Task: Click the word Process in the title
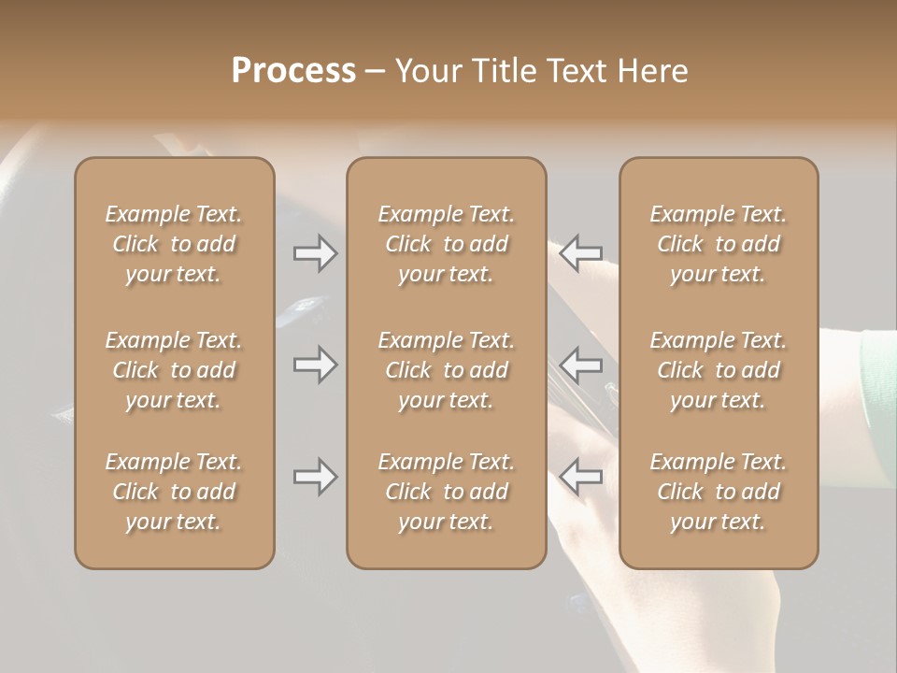[x=293, y=71]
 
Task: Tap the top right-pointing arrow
[x=315, y=253]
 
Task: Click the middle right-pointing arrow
[x=315, y=365]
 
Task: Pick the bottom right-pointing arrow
[x=315, y=477]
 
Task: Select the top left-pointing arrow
[x=581, y=253]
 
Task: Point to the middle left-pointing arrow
[x=581, y=365]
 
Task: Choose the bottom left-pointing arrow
[x=581, y=477]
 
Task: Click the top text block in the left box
[x=174, y=244]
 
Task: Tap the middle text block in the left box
[x=174, y=370]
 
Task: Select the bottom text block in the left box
[x=174, y=492]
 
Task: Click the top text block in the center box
[x=446, y=244]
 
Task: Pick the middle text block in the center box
[x=446, y=370]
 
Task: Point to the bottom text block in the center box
[x=446, y=492]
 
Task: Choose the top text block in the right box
[x=719, y=244]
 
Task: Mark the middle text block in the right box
[x=719, y=370]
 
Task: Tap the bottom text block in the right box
[x=719, y=492]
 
